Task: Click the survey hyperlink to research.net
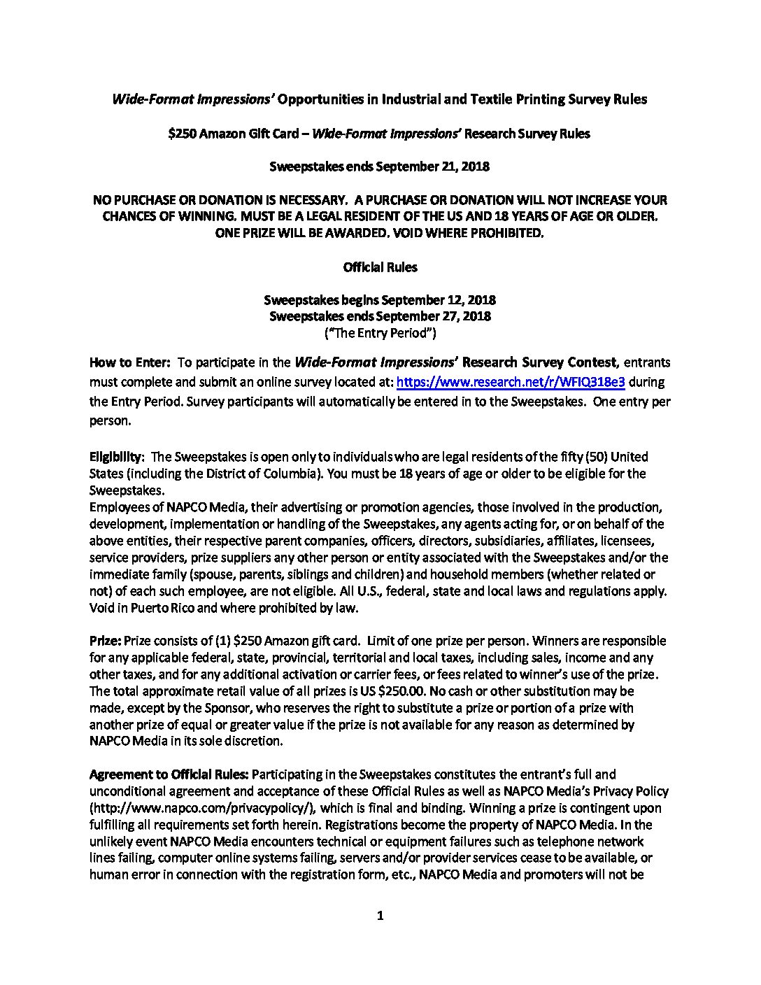click(511, 382)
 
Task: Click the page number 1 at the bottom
click(380, 916)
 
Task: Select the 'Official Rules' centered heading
click(380, 267)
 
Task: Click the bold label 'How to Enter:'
click(130, 362)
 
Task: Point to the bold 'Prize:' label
click(106, 641)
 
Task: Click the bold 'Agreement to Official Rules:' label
click(169, 774)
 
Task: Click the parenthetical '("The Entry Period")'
click(380, 333)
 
